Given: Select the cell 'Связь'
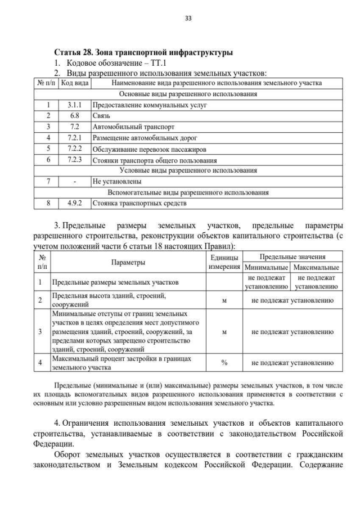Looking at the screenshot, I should click(x=101, y=116).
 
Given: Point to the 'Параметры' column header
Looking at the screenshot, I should click(x=128, y=262).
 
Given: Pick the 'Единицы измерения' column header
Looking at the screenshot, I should click(x=224, y=262).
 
